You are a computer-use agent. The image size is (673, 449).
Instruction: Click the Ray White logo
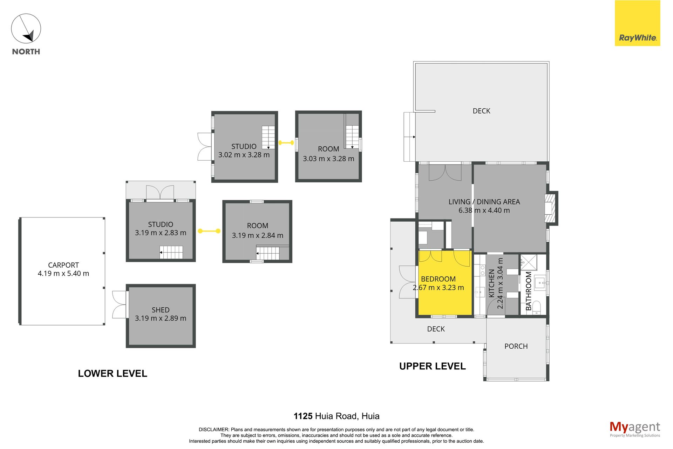click(x=637, y=23)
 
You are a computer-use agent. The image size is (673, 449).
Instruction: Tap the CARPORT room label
click(x=63, y=265)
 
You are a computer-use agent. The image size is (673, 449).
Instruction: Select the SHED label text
click(x=161, y=310)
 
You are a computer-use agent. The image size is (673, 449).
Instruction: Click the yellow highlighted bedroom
click(x=445, y=282)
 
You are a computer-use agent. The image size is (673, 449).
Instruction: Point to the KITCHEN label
click(x=491, y=283)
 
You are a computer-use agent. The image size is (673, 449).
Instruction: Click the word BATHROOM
click(x=529, y=291)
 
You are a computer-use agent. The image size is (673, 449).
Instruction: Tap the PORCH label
click(x=516, y=346)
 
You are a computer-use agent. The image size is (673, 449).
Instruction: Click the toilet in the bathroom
click(x=537, y=308)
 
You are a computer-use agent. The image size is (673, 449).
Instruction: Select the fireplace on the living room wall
click(x=551, y=208)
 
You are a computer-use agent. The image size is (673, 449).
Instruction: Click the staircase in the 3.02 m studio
click(x=268, y=138)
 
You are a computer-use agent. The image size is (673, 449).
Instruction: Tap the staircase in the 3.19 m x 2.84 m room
click(x=268, y=253)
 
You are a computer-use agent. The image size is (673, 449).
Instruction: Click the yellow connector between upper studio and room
click(x=286, y=143)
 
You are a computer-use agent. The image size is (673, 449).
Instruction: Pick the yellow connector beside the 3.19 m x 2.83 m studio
click(x=209, y=231)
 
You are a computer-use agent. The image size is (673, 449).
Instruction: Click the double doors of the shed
click(x=120, y=304)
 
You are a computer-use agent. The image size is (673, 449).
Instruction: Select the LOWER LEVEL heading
click(x=113, y=374)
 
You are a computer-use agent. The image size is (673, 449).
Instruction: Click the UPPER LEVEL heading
click(x=433, y=366)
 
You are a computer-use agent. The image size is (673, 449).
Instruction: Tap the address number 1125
click(x=303, y=416)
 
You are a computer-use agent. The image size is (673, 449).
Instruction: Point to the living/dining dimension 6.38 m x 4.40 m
click(x=484, y=210)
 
